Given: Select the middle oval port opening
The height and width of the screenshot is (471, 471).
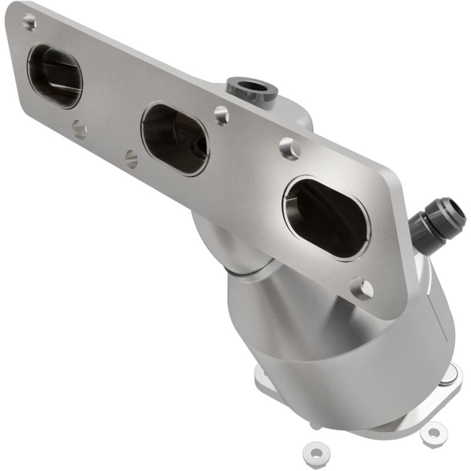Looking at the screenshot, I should coord(174,139).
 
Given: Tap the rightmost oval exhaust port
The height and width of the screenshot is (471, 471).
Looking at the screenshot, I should coord(327,218).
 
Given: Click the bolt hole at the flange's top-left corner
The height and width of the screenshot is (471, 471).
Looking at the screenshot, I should coord(29,22).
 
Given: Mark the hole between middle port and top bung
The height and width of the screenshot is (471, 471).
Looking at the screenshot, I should coord(221,115).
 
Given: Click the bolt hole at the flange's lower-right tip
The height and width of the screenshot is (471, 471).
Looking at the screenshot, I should coord(361,288).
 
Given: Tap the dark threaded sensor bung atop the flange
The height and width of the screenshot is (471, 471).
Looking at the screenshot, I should coord(252,88).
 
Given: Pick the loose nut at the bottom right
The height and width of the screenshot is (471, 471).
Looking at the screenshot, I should coord(433,433).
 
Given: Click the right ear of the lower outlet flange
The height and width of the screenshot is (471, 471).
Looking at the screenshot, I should coord(453,372).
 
